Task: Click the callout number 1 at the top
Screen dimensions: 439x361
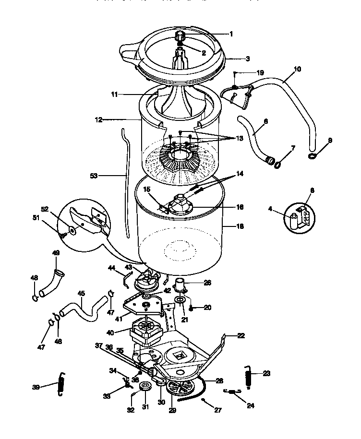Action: tap(231, 34)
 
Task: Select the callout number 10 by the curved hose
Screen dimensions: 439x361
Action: tap(297, 69)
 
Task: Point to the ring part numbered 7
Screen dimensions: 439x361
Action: tap(277, 165)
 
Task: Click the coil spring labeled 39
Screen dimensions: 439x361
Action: tap(61, 384)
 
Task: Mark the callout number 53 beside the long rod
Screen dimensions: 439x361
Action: tap(94, 176)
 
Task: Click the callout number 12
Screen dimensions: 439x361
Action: tap(98, 120)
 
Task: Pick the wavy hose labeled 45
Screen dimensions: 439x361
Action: tap(84, 313)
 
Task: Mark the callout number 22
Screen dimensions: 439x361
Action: tap(241, 336)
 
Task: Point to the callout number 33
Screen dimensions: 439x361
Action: tap(106, 396)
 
